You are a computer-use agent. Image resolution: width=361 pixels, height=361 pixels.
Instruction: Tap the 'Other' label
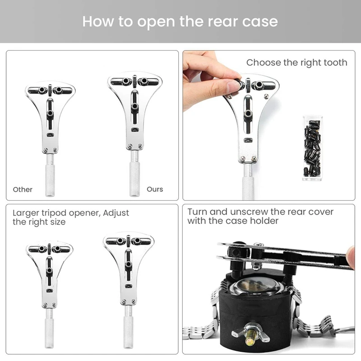pos(23,190)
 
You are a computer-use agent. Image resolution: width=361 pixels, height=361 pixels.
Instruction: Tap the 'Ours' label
pos(155,190)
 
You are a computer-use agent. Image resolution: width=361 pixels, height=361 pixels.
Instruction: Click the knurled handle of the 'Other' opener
pos(49,180)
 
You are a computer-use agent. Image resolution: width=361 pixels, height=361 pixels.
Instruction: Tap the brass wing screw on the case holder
pos(248,337)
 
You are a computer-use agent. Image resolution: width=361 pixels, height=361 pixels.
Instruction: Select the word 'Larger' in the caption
pos(26,213)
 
